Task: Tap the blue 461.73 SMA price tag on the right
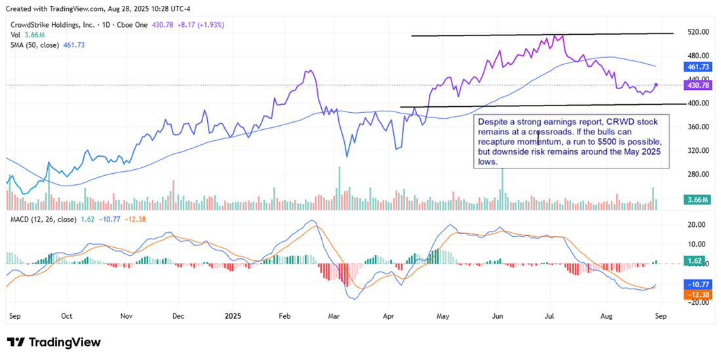[697, 67]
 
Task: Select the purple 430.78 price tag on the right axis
[697, 85]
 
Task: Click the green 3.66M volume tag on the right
[697, 199]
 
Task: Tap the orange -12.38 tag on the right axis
[697, 295]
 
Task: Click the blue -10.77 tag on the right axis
[697, 285]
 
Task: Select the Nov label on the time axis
[127, 315]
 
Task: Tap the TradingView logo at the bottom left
[54, 342]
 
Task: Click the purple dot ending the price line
[657, 85]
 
